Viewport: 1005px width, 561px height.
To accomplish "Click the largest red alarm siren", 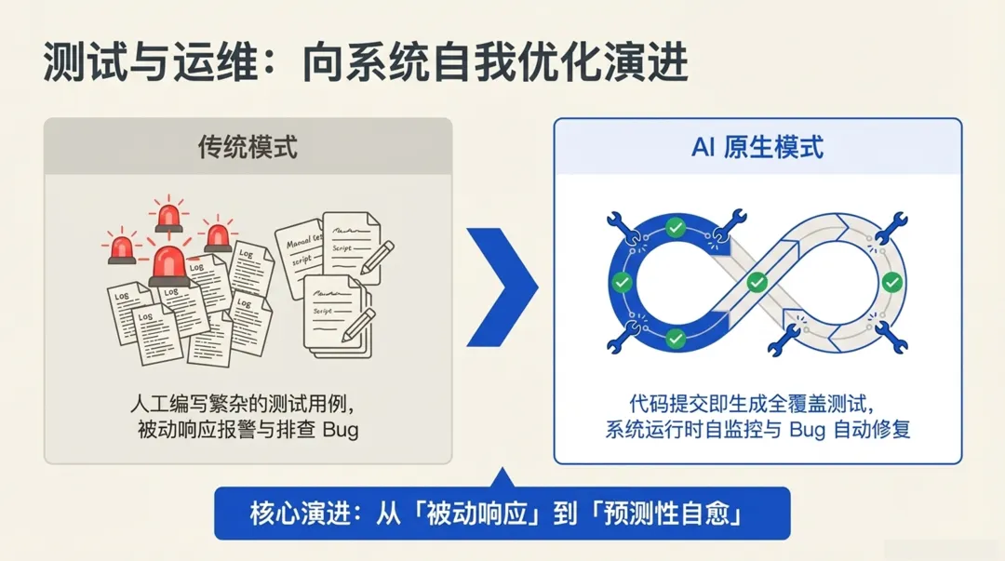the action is point(170,266).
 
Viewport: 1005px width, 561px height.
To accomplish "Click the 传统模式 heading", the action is point(248,146).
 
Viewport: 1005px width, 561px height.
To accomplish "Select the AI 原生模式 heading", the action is point(757,146).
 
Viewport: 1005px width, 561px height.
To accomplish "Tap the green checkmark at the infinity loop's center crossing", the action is point(757,281).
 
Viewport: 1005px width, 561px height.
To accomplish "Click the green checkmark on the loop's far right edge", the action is point(891,281).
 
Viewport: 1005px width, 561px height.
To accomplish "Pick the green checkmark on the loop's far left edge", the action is point(622,281).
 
